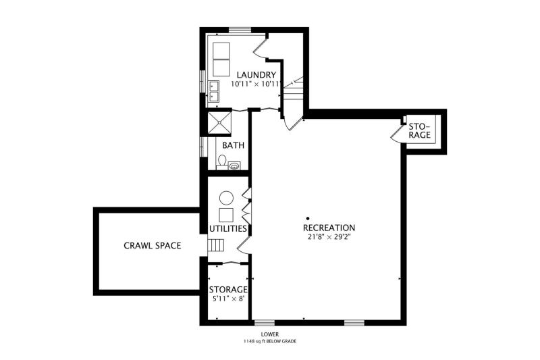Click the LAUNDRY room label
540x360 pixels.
pos(256,75)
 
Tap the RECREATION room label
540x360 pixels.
pos(329,228)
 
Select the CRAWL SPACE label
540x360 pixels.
pos(153,246)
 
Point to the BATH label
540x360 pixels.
pos(233,145)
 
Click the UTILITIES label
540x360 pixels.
pos(228,229)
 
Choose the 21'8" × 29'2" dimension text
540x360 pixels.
pos(329,237)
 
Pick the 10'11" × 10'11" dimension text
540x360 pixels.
pos(256,84)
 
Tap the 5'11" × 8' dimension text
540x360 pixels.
pos(228,299)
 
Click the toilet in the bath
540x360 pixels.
pos(222,161)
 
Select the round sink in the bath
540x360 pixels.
pos(234,166)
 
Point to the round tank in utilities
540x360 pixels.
pos(226,198)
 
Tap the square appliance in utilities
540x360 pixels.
pos(226,215)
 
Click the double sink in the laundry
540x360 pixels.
pos(214,91)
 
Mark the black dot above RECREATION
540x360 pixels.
pos(308,218)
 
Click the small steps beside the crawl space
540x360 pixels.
pos(215,245)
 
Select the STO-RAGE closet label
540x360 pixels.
pos(420,130)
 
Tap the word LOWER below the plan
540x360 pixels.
pos(270,334)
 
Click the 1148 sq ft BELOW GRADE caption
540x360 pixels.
pos(270,341)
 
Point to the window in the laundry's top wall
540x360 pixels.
pos(240,30)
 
